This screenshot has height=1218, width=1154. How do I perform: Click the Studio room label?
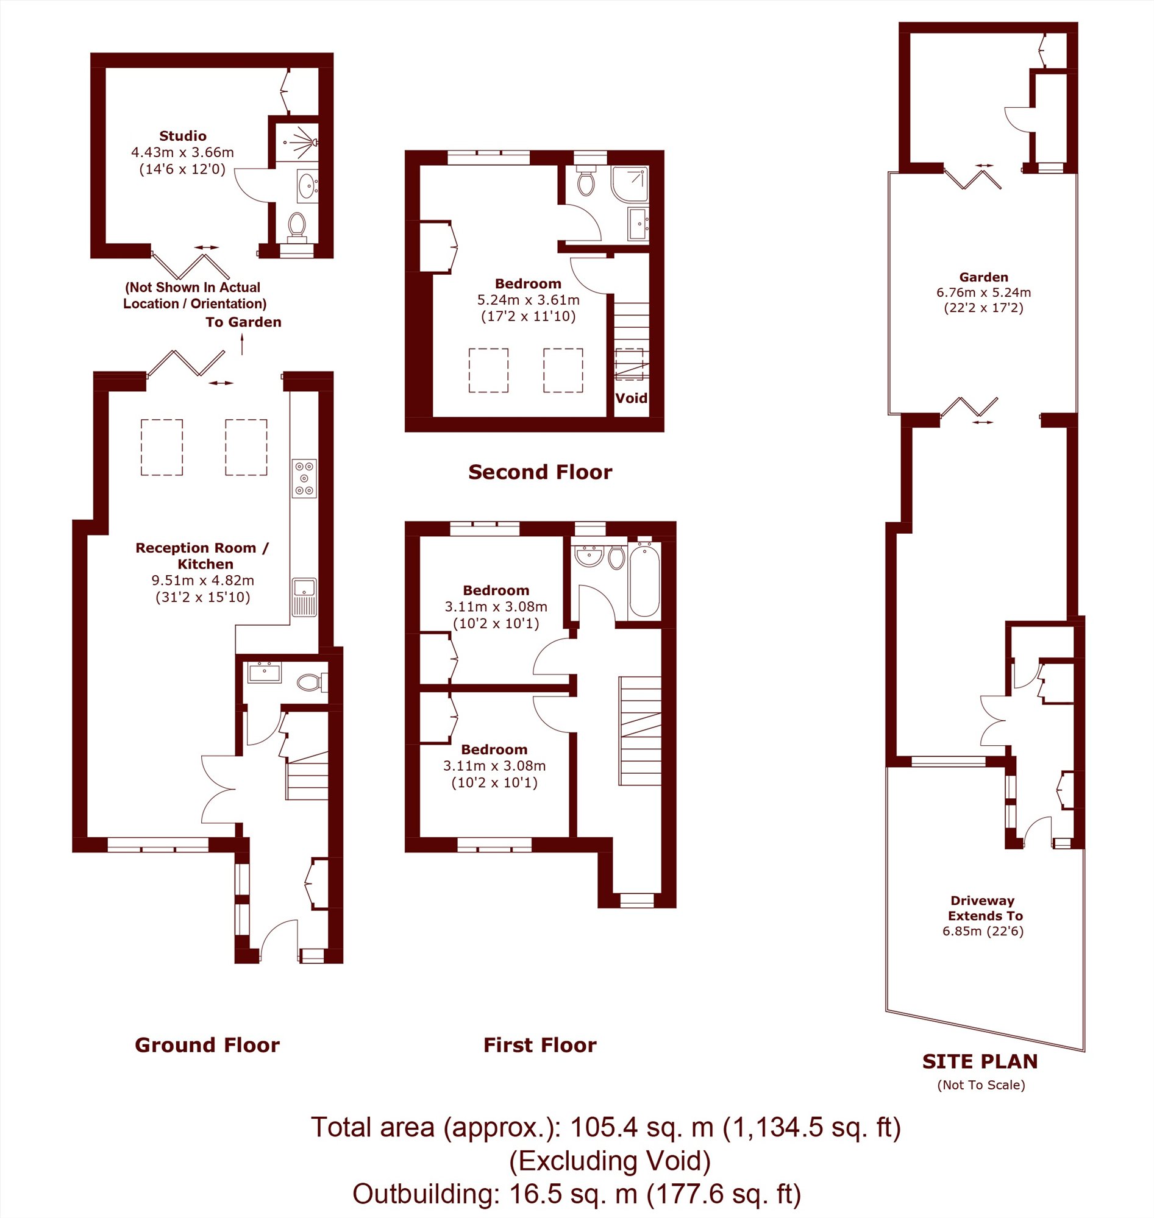(x=183, y=136)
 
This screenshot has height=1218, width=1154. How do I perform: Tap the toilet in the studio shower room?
(x=297, y=225)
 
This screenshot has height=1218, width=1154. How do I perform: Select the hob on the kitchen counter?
(x=304, y=478)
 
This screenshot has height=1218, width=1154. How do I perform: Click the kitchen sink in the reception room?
(x=304, y=597)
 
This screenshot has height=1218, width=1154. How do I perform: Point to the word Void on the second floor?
(x=631, y=398)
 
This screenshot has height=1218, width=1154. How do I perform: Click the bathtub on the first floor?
(x=644, y=578)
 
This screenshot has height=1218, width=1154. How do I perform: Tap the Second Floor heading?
(x=540, y=472)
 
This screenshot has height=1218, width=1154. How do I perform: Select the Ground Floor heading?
(x=207, y=1044)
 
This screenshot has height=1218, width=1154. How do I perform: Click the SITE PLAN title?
(x=980, y=1061)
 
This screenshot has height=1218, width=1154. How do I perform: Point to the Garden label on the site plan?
(x=983, y=277)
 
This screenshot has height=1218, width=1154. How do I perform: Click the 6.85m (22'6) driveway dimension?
(x=983, y=931)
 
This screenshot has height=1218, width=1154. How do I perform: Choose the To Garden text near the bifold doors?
(x=244, y=322)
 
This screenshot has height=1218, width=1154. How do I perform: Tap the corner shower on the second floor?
(x=630, y=184)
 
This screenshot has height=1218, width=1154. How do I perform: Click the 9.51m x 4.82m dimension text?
(x=203, y=581)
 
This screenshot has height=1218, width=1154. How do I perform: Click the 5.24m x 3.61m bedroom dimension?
(x=529, y=300)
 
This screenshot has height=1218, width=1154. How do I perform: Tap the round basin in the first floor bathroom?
(x=589, y=556)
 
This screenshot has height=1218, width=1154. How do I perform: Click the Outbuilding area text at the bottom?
(x=576, y=1194)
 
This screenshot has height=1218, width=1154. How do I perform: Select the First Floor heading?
(x=540, y=1044)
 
